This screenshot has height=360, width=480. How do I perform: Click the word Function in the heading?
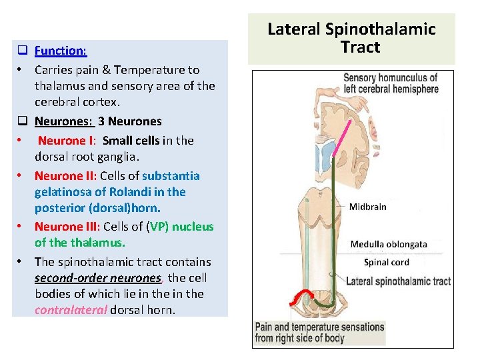coord(60,50)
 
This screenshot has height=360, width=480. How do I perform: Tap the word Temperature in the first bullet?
coord(159,69)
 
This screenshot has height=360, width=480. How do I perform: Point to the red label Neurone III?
coord(67,227)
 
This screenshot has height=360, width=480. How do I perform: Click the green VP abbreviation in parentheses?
coord(159,227)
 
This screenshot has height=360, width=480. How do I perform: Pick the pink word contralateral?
coord(71,309)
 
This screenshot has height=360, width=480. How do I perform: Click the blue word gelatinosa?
coord(63,192)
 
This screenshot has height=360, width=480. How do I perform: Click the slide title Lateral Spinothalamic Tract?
coord(351,38)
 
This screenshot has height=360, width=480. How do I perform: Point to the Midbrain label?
coord(367,207)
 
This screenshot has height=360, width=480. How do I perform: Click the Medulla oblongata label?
coord(389,244)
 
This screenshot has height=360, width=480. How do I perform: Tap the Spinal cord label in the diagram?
coord(387,263)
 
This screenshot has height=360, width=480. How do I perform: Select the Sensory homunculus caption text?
coord(390,83)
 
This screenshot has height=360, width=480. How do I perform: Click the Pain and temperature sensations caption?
coord(319,332)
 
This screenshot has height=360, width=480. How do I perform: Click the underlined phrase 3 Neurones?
coord(129,121)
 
